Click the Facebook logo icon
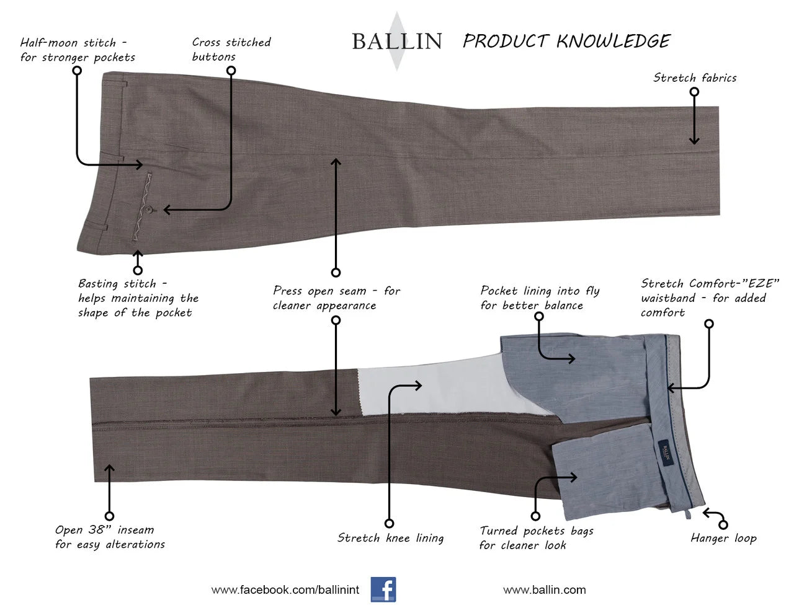coord(383,589)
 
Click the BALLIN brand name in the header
coord(396,42)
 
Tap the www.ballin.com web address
coord(544,590)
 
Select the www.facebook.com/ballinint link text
coord(285,590)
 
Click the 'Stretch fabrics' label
coord(695,78)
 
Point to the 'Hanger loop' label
coord(723,538)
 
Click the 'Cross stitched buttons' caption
coord(231,50)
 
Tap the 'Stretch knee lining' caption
coord(390,538)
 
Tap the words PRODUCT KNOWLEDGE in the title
coord(566,42)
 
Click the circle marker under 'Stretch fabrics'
coord(694,92)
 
